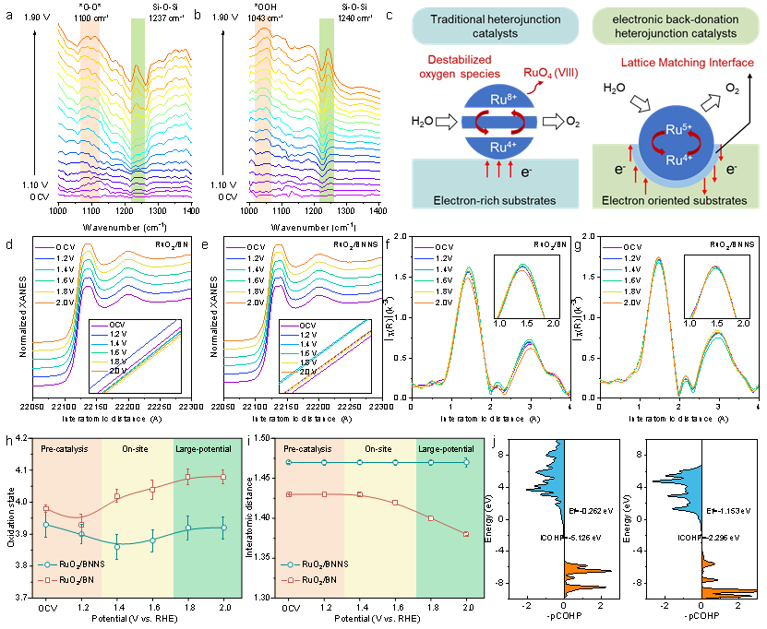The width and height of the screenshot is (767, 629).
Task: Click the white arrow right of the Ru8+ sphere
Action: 557,121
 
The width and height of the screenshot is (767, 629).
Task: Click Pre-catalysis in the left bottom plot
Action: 64,448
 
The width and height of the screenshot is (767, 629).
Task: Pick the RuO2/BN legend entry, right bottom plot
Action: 318,581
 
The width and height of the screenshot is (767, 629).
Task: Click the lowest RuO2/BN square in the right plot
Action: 466,534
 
